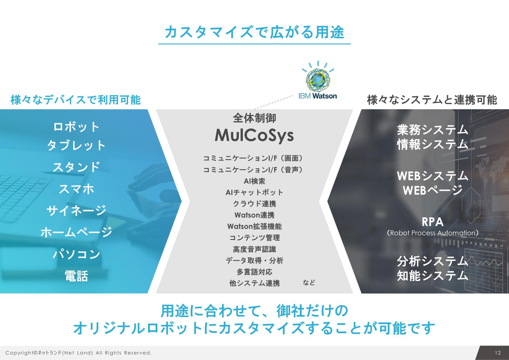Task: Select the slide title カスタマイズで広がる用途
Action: [255, 32]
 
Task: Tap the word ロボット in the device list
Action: [77, 127]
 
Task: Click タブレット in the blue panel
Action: [77, 145]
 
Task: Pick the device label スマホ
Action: [77, 189]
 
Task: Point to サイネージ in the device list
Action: [77, 210]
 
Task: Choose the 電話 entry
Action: [76, 276]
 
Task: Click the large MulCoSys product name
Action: [254, 135]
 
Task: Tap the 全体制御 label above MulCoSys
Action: [255, 118]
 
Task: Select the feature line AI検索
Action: [255, 181]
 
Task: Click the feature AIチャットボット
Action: [255, 192]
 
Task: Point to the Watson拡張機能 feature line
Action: [255, 226]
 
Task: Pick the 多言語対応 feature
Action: [255, 272]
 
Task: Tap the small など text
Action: [309, 282]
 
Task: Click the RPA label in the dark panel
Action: [433, 222]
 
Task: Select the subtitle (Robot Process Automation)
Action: [433, 233]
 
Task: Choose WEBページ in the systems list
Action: [433, 190]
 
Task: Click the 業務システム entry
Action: [433, 130]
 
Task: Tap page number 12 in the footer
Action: [498, 353]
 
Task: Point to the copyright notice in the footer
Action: [79, 353]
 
